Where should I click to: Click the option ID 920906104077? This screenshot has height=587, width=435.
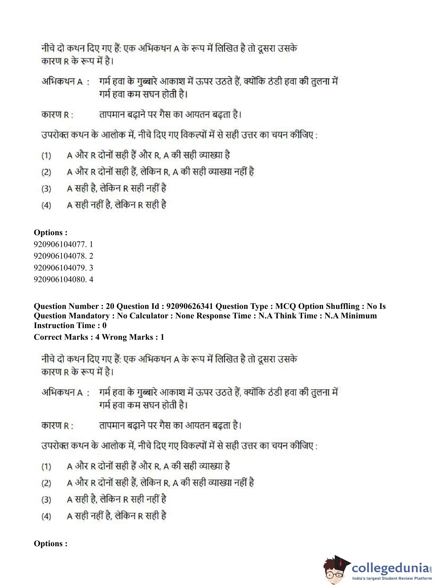click(60, 244)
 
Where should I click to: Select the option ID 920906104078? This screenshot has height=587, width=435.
click(60, 256)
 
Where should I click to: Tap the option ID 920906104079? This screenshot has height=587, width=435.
click(60, 268)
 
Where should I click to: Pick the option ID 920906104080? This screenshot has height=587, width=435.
click(60, 279)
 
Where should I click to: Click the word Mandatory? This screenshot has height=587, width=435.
click(90, 316)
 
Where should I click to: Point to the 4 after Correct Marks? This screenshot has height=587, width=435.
click(97, 337)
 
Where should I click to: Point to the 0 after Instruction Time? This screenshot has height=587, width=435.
click(104, 325)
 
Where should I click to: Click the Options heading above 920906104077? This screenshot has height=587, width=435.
click(50, 233)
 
